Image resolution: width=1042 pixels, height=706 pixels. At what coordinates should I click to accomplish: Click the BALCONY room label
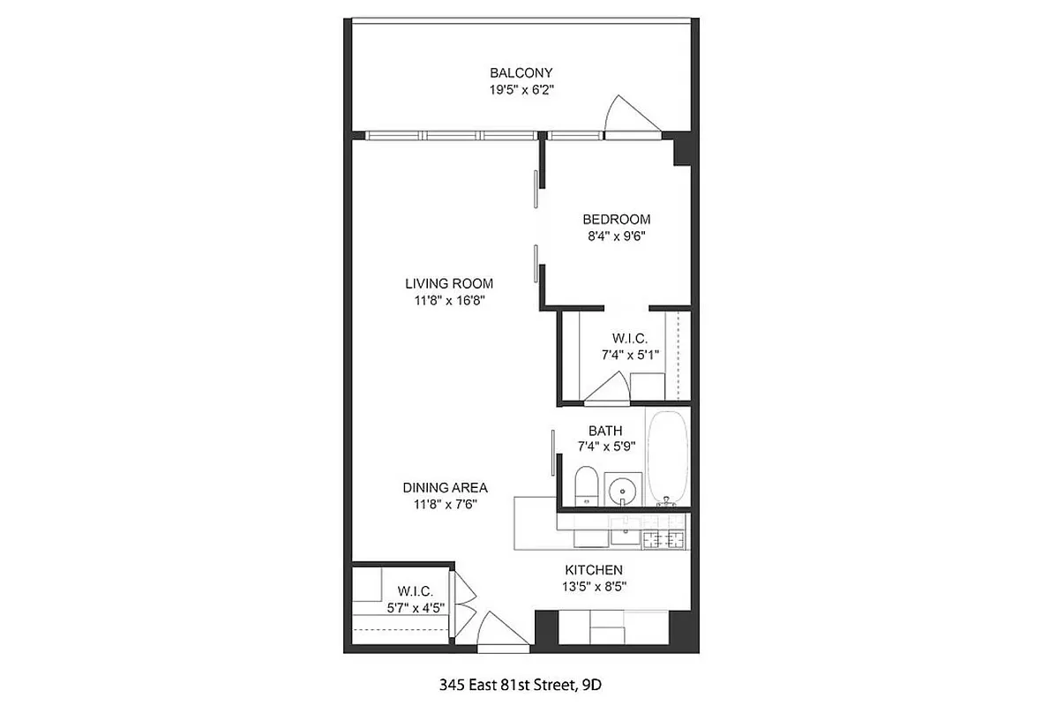tap(521, 72)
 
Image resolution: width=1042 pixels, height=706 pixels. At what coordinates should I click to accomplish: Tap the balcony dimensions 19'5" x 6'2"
tap(521, 90)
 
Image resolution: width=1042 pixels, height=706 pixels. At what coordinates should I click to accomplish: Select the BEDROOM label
tap(616, 219)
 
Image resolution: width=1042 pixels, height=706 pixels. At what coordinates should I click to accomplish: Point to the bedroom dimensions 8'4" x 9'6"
tap(616, 236)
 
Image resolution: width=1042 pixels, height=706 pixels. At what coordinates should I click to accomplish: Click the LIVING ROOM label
tap(449, 283)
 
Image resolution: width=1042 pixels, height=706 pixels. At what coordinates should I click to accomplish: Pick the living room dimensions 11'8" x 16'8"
tap(449, 300)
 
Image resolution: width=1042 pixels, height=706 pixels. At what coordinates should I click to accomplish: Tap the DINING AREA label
tap(446, 487)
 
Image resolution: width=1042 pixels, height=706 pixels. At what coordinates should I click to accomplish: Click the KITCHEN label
tap(594, 570)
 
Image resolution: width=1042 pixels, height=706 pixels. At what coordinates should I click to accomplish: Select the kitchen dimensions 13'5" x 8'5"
tap(594, 586)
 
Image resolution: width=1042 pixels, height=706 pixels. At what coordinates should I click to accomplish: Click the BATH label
tap(606, 431)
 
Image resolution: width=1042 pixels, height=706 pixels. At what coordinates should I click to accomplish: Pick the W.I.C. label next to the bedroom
tap(630, 338)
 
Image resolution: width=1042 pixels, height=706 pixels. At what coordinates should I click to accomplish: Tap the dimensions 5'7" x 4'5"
tap(414, 607)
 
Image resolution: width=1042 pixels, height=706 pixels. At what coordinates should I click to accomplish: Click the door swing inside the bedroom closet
tap(609, 387)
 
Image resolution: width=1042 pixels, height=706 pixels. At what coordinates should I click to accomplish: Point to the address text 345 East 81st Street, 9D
tap(521, 683)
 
